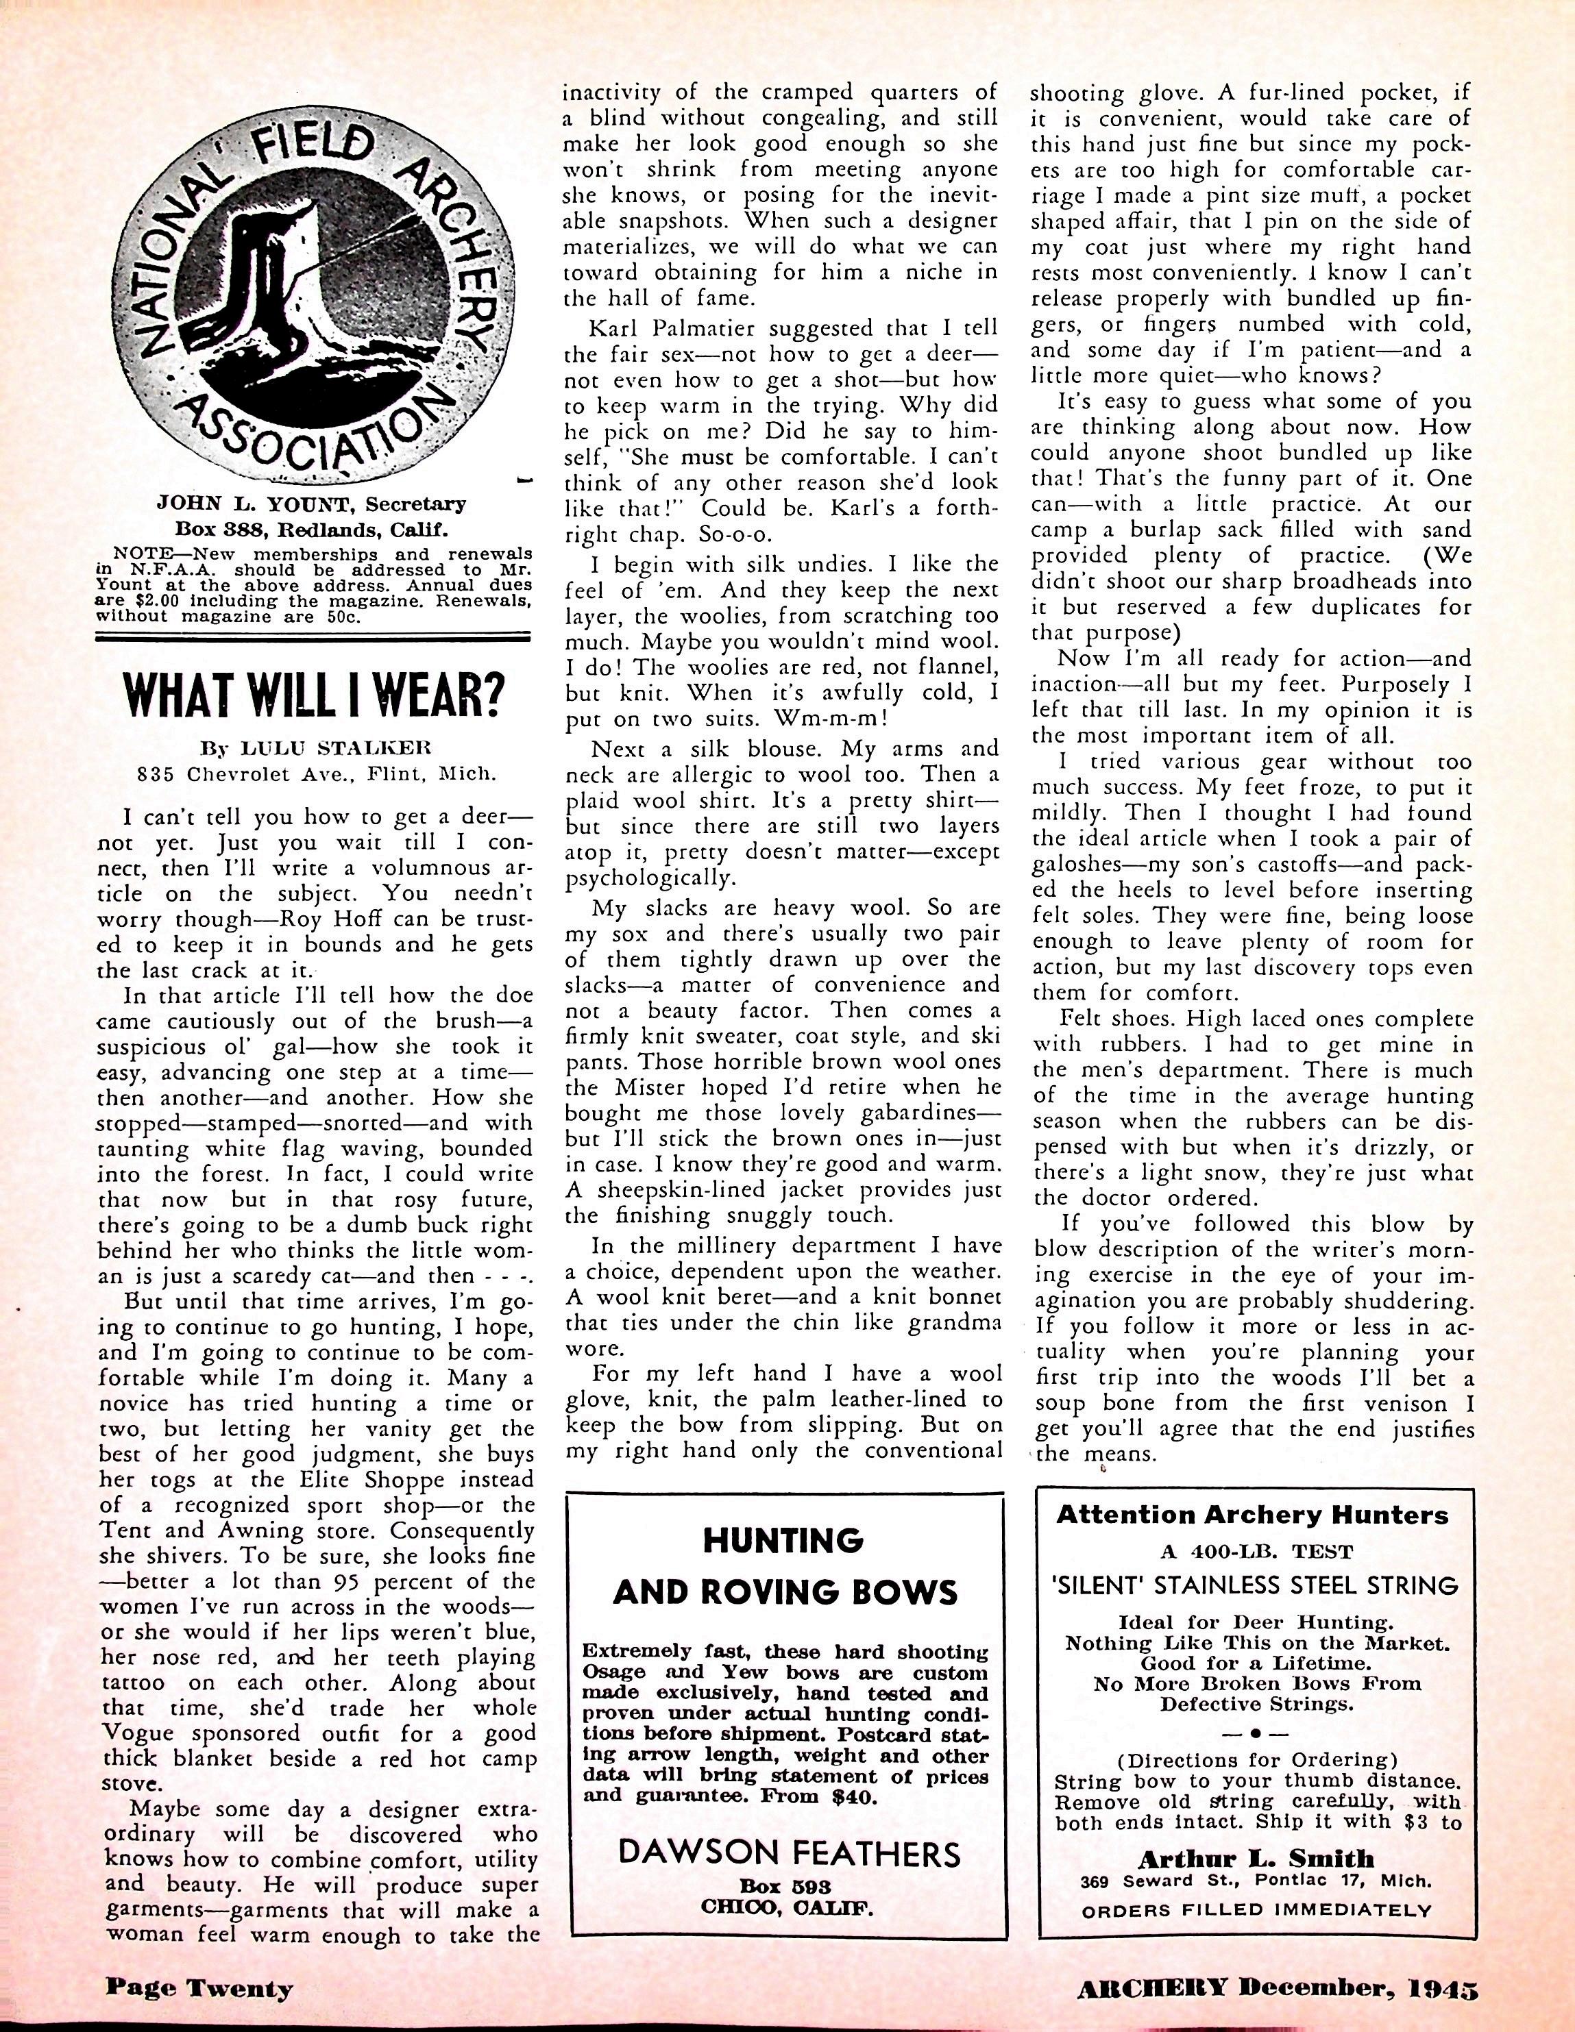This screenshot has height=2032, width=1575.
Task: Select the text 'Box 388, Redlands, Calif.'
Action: tap(315, 531)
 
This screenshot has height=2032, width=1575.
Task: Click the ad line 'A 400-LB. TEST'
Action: tap(1253, 1551)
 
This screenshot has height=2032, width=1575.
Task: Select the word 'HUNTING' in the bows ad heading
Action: tap(783, 1541)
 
